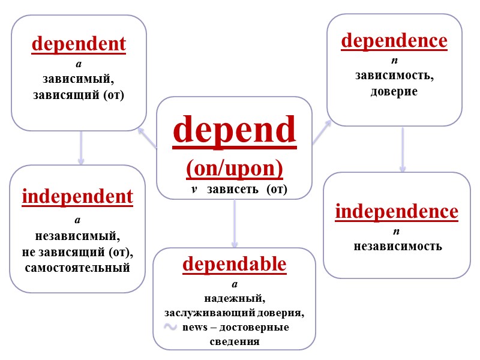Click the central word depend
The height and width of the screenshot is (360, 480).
235,130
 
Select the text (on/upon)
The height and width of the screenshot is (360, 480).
235,168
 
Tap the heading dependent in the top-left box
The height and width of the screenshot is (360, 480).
79,44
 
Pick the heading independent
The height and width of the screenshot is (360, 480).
77,197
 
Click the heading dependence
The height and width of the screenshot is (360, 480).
394,41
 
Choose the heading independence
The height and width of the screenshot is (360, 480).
397,212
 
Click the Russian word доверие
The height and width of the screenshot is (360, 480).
394,92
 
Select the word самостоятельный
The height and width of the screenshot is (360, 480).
77,268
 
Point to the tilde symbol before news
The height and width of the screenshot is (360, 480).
170,327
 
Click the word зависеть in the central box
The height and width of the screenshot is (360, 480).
230,190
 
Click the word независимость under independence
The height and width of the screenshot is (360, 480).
397,246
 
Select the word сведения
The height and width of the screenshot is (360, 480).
234,342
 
